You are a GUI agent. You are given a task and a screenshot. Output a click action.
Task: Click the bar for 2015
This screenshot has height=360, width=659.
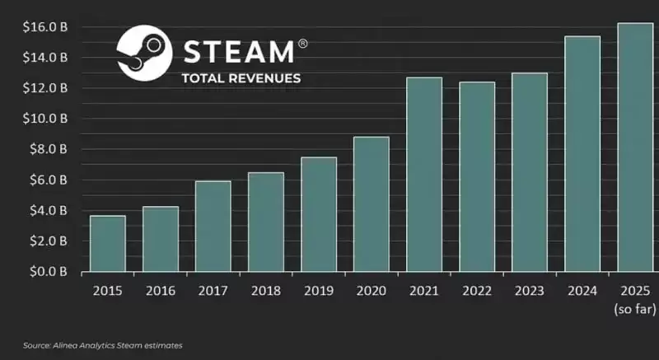coord(107,244)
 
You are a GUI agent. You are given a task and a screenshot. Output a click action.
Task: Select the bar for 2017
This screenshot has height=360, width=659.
coord(213,227)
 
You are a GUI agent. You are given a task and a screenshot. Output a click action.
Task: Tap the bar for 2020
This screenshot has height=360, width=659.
coord(371,204)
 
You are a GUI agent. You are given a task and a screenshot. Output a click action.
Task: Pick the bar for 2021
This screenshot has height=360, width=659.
coord(423,175)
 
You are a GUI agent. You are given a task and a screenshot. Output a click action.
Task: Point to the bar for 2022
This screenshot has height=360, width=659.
coord(477,177)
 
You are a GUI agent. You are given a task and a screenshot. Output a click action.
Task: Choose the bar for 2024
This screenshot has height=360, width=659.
coord(582,154)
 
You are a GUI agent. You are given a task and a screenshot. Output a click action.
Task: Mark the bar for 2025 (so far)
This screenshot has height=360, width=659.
coord(634,147)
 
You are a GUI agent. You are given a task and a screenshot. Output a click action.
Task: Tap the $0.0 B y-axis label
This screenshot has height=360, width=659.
coord(46,272)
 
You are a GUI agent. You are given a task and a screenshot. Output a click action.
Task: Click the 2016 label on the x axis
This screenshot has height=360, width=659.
coord(160,291)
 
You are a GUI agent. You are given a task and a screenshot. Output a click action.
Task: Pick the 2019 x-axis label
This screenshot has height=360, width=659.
coord(318,291)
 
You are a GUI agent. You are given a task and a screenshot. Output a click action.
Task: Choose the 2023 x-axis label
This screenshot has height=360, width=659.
coord(529,291)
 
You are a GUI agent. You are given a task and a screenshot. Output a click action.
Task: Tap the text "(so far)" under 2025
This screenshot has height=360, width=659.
coord(634,310)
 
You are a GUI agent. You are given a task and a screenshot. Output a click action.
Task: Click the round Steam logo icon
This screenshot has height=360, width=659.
coord(144,53)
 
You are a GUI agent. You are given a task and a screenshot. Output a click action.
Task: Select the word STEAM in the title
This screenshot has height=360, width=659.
coord(237,52)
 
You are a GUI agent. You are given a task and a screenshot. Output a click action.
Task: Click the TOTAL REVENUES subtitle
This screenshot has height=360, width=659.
coord(241,79)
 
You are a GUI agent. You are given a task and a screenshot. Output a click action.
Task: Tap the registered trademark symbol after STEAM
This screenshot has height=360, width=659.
coord(302,43)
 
